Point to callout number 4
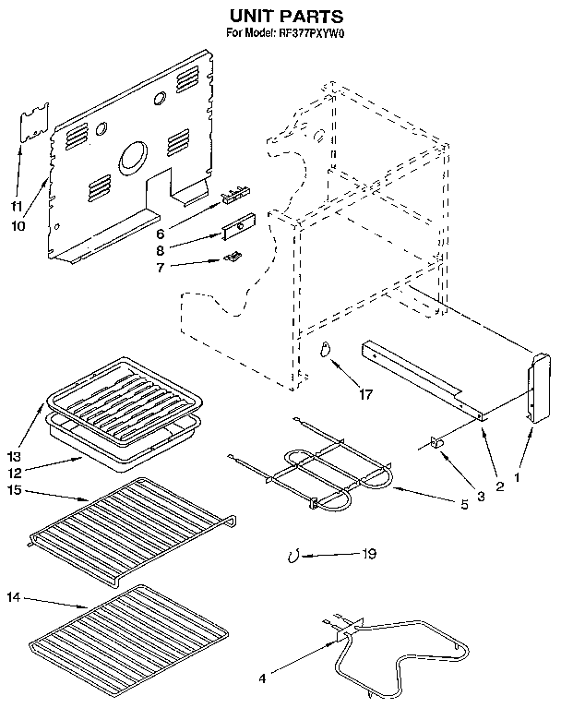click(262, 679)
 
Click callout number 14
click(14, 597)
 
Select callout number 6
click(161, 234)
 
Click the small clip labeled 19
click(292, 556)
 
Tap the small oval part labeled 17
click(324, 349)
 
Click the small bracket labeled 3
click(436, 444)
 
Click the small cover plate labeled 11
click(34, 122)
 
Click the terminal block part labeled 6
click(237, 195)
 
